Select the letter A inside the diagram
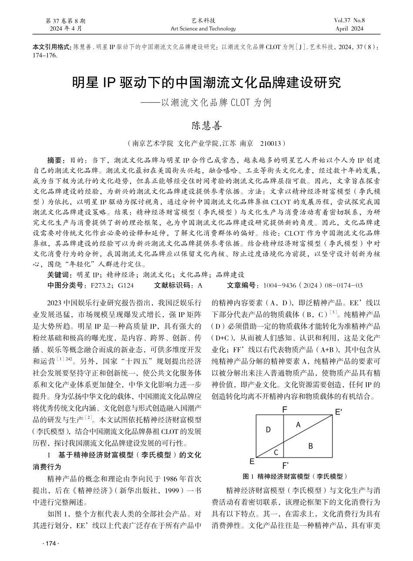298,424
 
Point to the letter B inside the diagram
310,446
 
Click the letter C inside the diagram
276,452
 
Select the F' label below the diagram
285,465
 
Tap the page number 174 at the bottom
51,544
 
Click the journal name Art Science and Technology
203,29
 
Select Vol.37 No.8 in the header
349,20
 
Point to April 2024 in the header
349,29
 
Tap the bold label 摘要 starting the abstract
56,160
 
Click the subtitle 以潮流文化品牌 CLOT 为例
216,103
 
